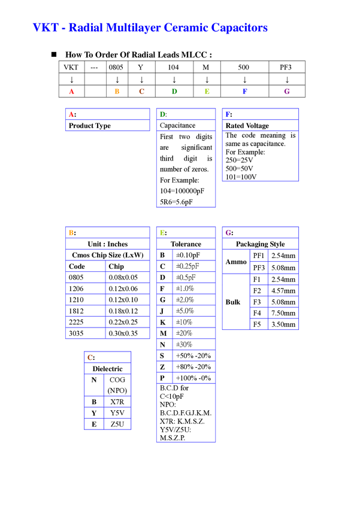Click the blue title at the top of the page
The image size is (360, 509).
click(x=150, y=28)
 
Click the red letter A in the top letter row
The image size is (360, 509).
click(x=72, y=91)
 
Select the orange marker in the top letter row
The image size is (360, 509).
click(x=117, y=91)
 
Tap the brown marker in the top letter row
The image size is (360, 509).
click(x=141, y=91)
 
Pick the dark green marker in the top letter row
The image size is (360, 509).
click(x=174, y=91)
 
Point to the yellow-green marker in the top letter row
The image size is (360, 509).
click(x=206, y=91)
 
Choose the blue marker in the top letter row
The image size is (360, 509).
click(x=244, y=91)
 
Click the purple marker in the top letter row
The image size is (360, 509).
click(x=286, y=91)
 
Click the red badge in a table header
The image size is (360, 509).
click(x=71, y=114)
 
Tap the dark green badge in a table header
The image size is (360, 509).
click(x=162, y=114)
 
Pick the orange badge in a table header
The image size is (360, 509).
click(x=71, y=232)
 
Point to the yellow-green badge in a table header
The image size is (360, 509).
click(x=162, y=232)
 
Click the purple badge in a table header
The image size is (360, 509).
click(x=228, y=232)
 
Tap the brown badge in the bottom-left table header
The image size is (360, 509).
click(x=89, y=357)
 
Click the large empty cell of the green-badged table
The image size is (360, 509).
click(x=185, y=169)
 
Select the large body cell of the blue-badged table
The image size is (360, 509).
click(x=259, y=155)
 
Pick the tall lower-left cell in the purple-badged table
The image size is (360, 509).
click(x=235, y=301)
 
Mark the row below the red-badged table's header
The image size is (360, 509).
click(x=108, y=126)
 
